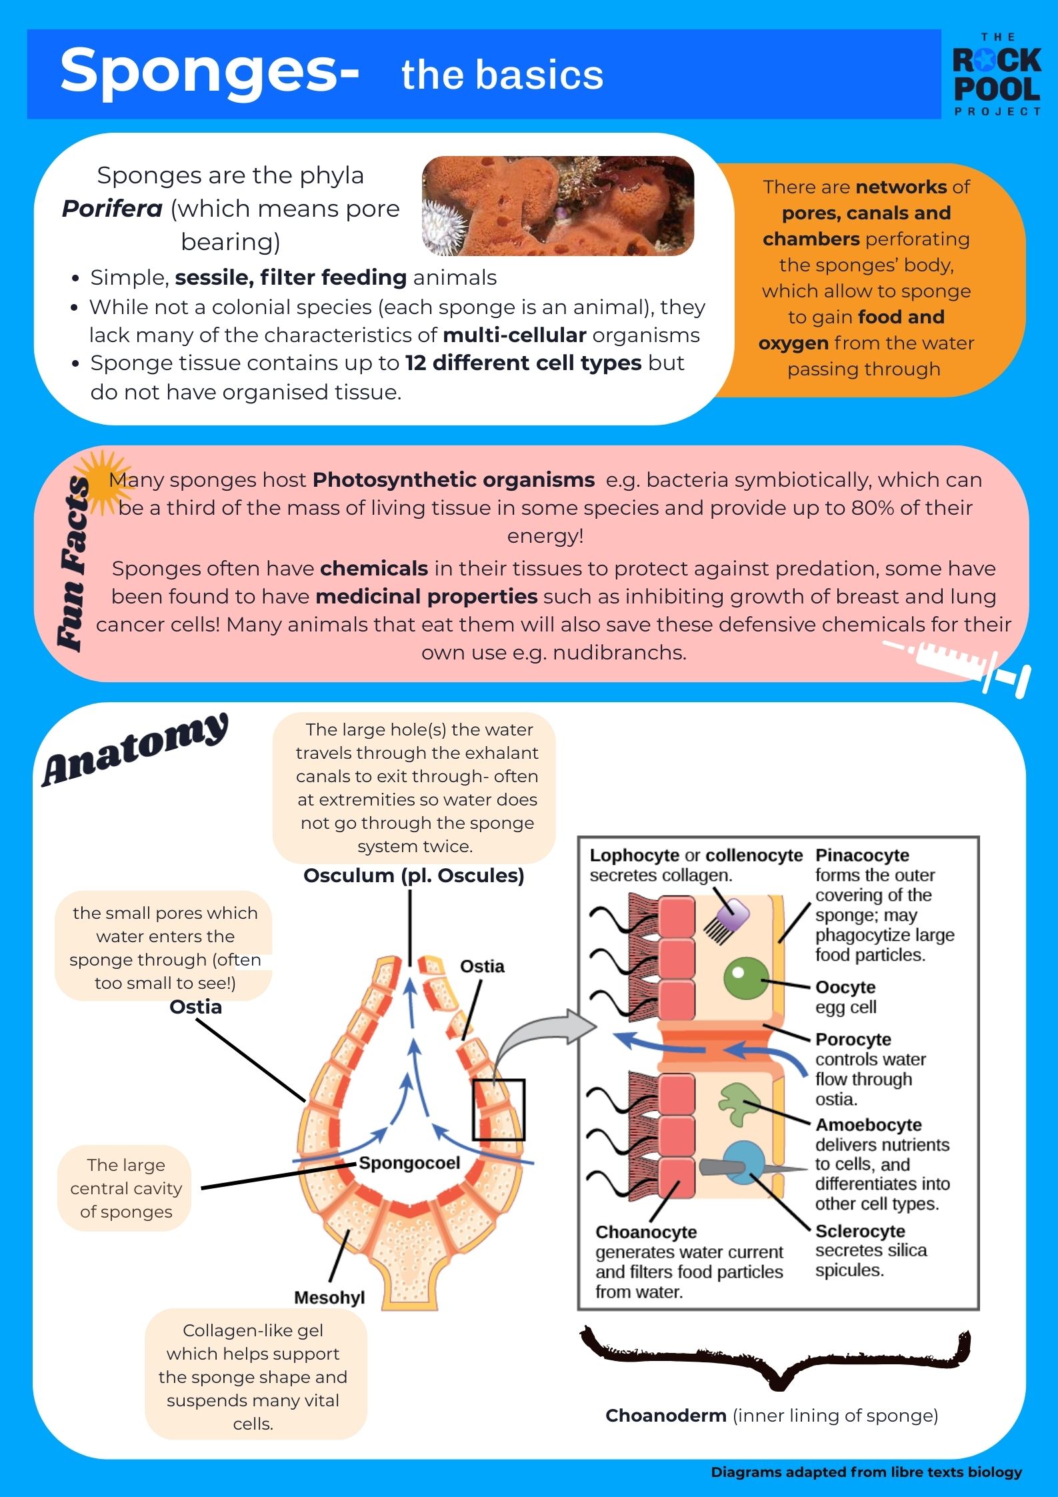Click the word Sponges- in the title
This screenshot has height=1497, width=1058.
click(209, 72)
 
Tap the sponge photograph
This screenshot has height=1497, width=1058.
click(557, 206)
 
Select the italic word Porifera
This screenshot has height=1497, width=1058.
click(112, 209)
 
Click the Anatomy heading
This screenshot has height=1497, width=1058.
click(135, 750)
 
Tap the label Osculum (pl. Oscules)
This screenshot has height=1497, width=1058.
click(413, 876)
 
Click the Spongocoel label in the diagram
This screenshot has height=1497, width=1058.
click(409, 1163)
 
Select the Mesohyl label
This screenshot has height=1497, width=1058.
click(329, 1298)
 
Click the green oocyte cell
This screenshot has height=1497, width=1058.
click(745, 978)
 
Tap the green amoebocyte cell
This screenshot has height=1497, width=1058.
click(739, 1103)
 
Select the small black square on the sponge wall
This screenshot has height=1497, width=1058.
click(499, 1110)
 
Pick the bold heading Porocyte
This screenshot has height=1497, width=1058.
click(853, 1040)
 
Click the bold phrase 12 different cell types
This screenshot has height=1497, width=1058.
click(523, 363)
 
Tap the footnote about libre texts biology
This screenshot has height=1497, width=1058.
click(866, 1472)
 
